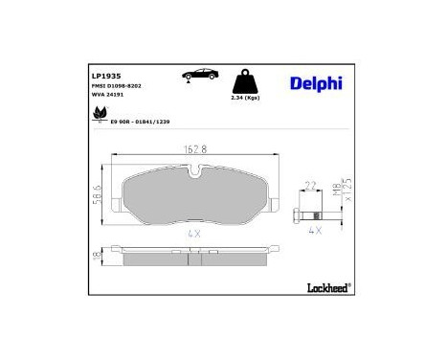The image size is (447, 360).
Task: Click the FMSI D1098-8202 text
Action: point(117,86)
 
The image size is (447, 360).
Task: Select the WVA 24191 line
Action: point(107,97)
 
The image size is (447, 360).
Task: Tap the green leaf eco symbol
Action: point(99,117)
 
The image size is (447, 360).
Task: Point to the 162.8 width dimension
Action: point(195,148)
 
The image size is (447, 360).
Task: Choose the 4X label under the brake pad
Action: point(195,233)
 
